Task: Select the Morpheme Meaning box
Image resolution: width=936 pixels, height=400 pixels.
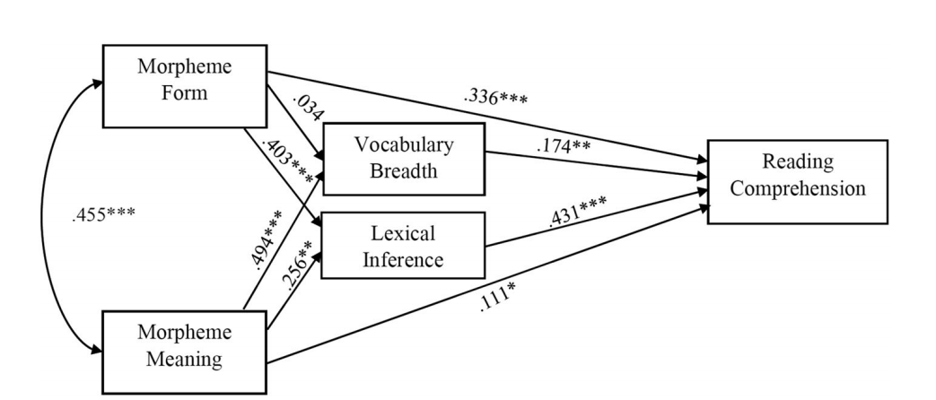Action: [x=184, y=352]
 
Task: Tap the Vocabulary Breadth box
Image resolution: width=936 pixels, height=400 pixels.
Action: [x=402, y=158]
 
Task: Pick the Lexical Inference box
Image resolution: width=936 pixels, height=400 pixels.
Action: [x=402, y=247]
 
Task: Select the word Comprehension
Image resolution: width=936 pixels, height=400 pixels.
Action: [x=797, y=189]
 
